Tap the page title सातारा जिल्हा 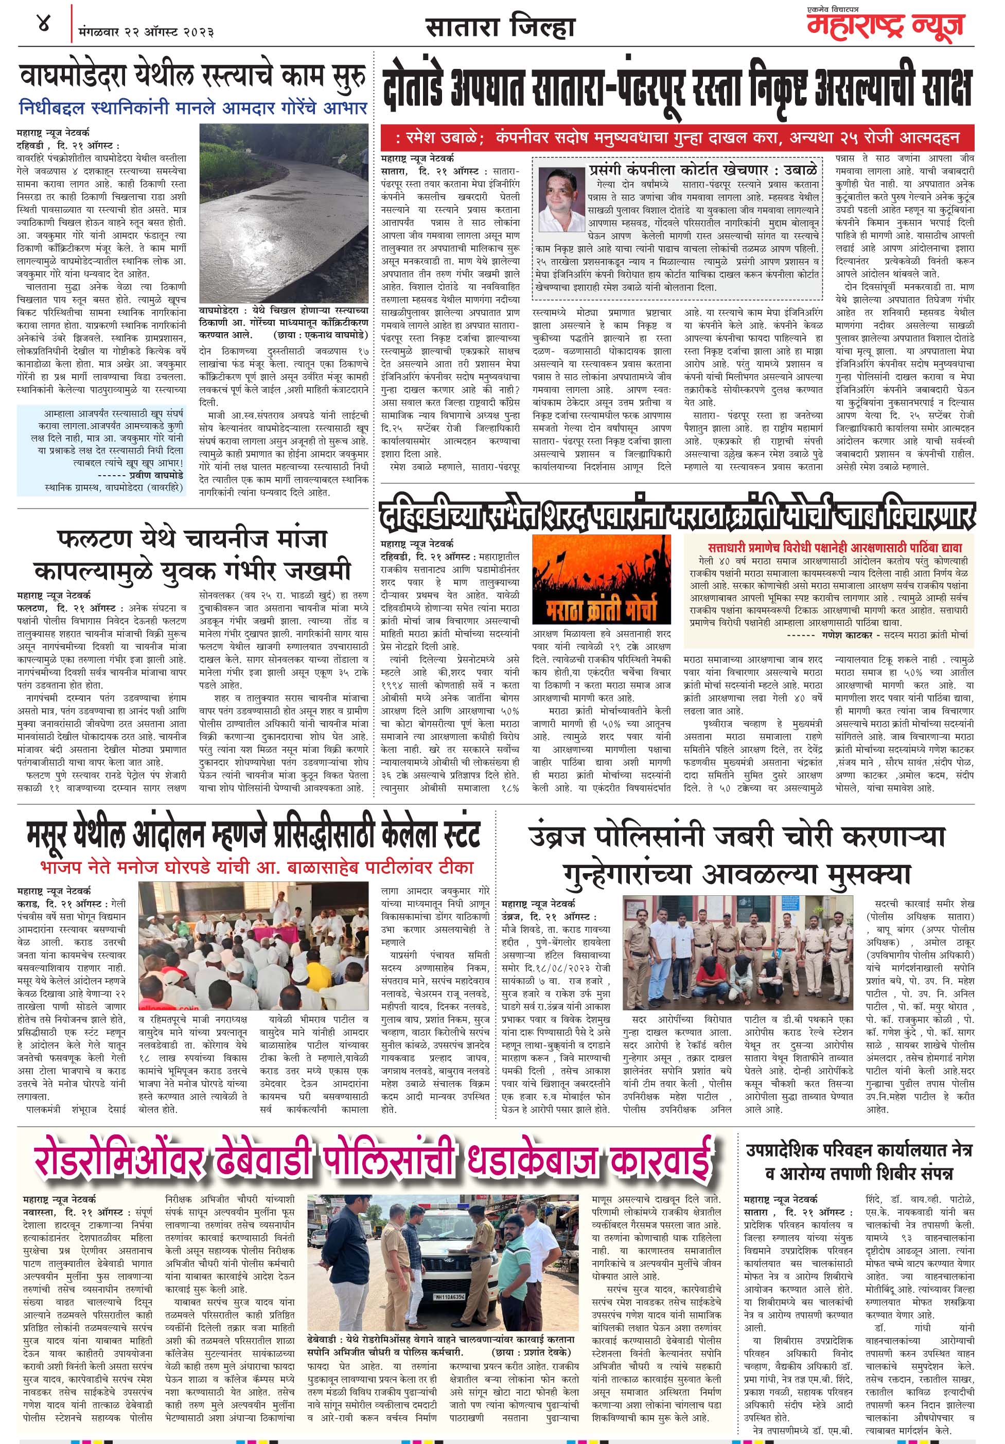click(500, 28)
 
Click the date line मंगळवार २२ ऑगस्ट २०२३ click(147, 31)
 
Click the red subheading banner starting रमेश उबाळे click(677, 137)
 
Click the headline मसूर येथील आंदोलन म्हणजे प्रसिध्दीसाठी click(254, 834)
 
